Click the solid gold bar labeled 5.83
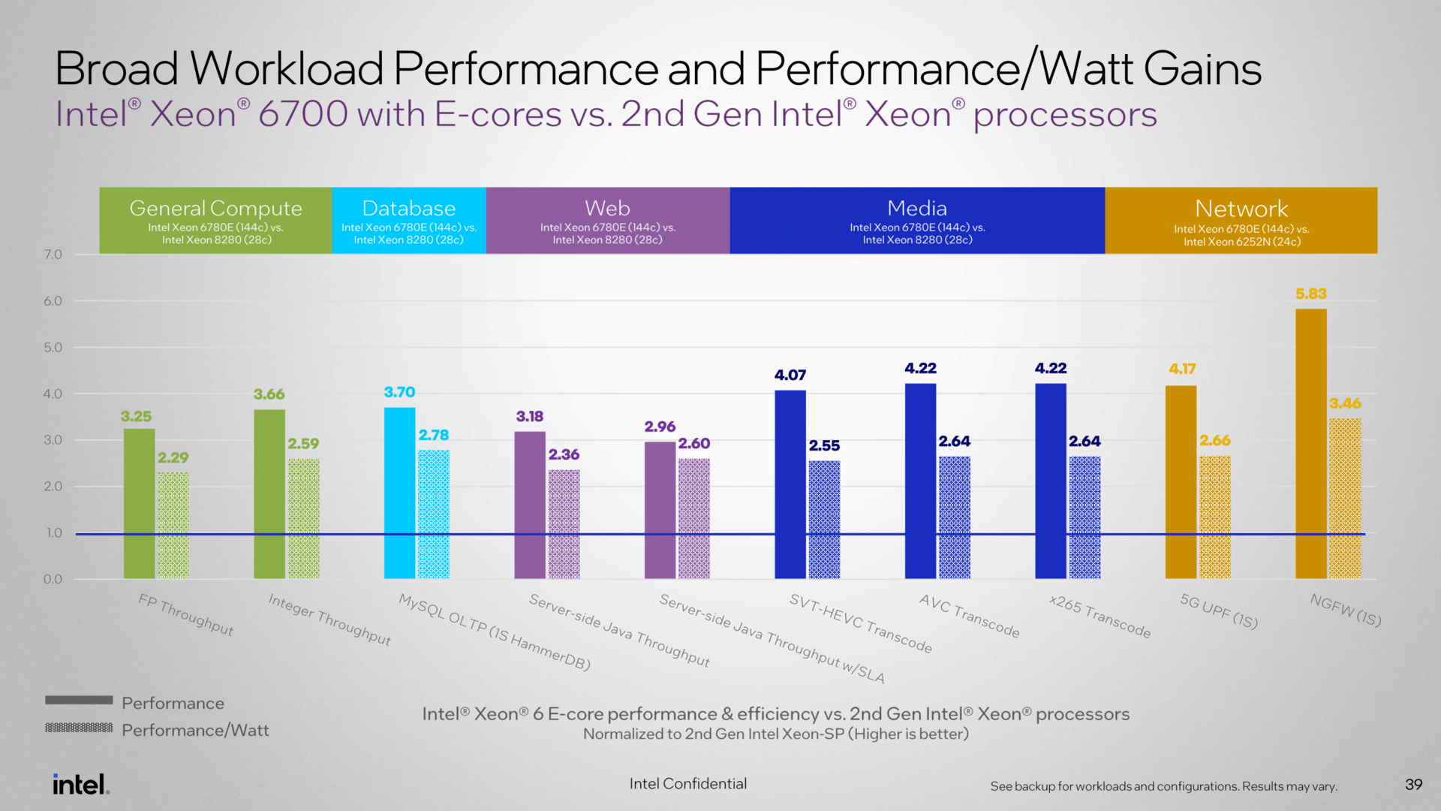[1310, 443]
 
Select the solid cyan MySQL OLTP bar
[399, 493]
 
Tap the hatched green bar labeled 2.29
[173, 525]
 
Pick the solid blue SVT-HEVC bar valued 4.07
[790, 484]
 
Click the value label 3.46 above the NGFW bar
[1345, 403]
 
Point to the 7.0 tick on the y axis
[53, 255]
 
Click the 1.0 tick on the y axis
[53, 533]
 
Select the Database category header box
[409, 220]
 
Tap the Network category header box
[1241, 220]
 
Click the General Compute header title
[215, 208]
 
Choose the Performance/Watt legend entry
[194, 730]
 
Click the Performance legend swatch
[79, 700]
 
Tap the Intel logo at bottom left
[80, 784]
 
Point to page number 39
[1413, 784]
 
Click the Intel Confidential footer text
[687, 784]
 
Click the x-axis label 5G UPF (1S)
[1218, 611]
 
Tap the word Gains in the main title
[1202, 69]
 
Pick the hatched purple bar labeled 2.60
[693, 518]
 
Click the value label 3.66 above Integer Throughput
[269, 394]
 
